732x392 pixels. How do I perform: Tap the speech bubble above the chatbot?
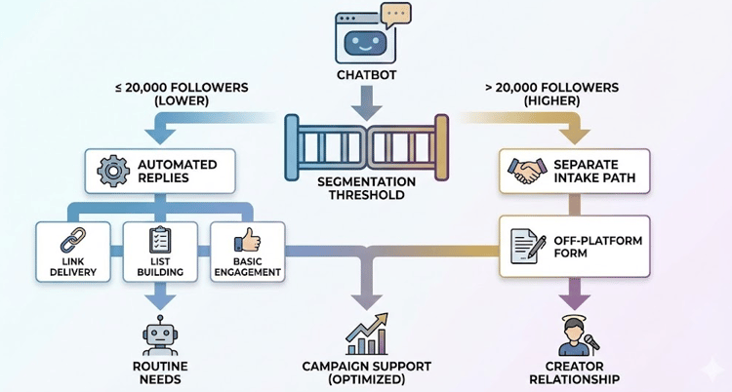[x=394, y=14]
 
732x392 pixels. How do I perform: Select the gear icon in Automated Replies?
[x=112, y=172]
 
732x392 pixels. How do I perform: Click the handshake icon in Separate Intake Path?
[x=528, y=172]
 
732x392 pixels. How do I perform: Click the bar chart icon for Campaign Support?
[x=365, y=333]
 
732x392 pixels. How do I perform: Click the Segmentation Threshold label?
[x=365, y=187]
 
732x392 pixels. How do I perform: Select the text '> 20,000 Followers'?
[x=550, y=87]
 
